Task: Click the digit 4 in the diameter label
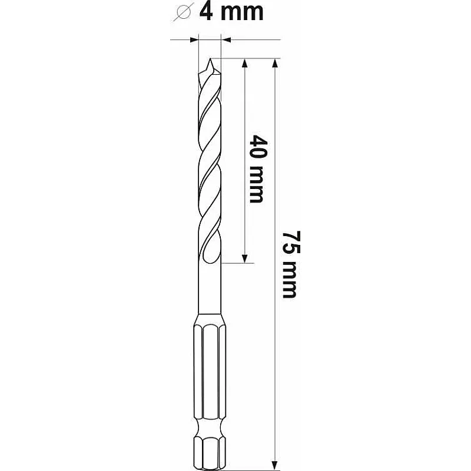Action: coord(207,12)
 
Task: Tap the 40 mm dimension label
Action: coord(257,169)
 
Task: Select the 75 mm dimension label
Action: coord(291,264)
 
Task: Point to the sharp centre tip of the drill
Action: coord(210,58)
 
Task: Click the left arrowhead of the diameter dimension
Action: coord(194,39)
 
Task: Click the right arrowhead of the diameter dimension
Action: coord(226,39)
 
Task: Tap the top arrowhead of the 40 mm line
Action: coord(245,63)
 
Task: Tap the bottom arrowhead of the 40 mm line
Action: coord(245,258)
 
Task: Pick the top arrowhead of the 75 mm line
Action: coord(274,63)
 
